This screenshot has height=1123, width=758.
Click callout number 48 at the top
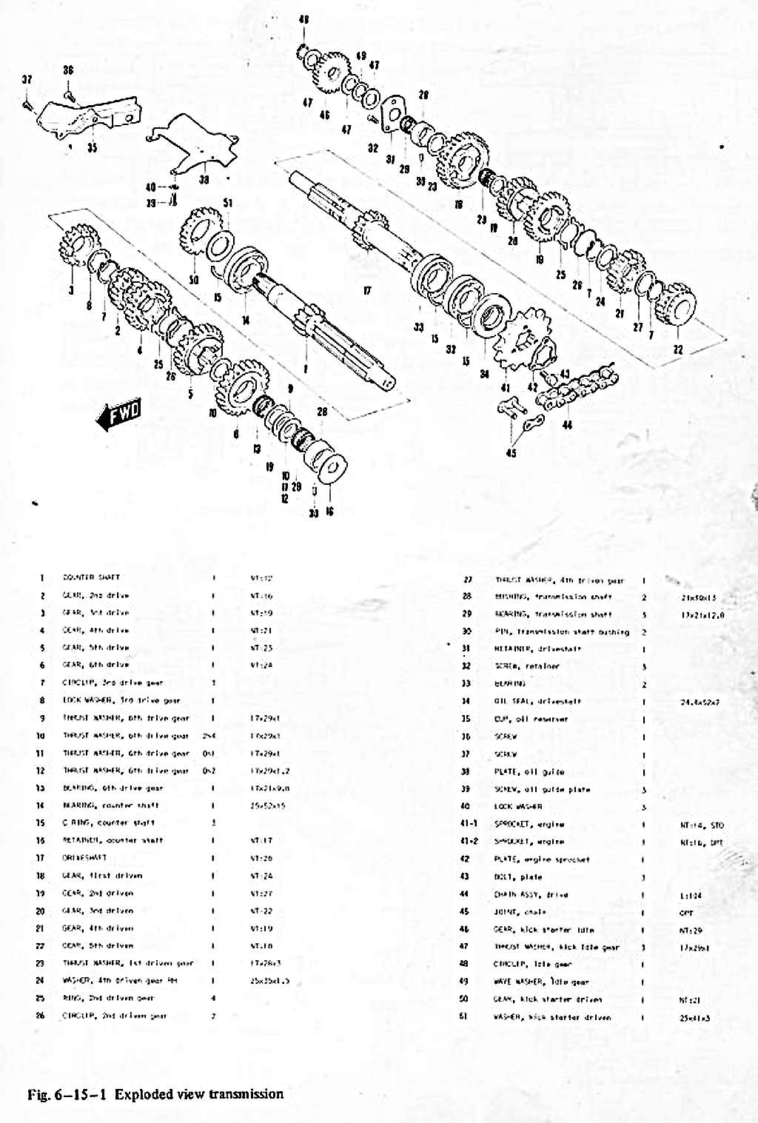tap(303, 20)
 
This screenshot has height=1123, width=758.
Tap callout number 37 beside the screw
tap(27, 79)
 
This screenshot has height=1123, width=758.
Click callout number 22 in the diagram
tap(677, 349)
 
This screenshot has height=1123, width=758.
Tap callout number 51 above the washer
tap(228, 203)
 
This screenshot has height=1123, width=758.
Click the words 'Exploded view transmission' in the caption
tap(199, 1094)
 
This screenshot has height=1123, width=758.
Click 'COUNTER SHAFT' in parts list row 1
tap(91, 577)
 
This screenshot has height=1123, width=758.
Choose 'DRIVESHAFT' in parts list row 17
tap(84, 858)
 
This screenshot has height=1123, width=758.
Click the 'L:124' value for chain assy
tap(691, 895)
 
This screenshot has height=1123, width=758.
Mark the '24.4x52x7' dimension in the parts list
tap(700, 701)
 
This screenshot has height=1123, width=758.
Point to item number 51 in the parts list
tap(464, 1017)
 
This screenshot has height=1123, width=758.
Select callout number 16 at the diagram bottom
tap(329, 512)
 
